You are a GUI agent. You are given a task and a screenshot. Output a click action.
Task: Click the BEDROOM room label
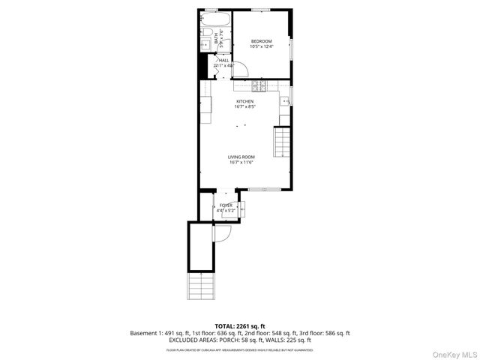click(261, 40)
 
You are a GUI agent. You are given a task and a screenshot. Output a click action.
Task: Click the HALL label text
click(223, 60)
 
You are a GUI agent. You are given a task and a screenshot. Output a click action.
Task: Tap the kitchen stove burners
click(260, 85)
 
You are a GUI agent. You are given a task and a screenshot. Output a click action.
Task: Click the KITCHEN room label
click(245, 101)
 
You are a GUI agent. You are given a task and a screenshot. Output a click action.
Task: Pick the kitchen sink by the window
click(286, 100)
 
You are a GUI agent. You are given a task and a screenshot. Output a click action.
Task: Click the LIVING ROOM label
click(241, 157)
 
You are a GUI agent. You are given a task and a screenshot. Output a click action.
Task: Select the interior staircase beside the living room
click(282, 142)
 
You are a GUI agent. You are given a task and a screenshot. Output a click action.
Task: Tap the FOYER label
click(226, 205)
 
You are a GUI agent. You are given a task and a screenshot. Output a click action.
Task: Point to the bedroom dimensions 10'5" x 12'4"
click(261, 46)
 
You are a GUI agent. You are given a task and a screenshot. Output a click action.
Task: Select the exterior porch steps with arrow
click(201, 286)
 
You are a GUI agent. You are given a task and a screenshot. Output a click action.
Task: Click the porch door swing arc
click(223, 233)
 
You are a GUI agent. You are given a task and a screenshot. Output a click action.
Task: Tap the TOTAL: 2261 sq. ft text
click(240, 326)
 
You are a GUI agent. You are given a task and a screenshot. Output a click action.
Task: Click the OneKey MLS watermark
click(453, 353)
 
